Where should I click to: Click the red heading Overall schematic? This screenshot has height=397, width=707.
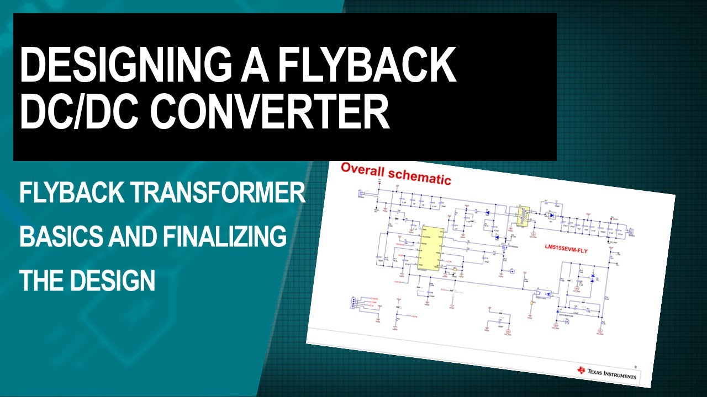point(395,174)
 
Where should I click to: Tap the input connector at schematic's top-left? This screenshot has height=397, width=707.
point(361,194)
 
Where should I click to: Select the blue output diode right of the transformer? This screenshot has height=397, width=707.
point(551,215)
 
